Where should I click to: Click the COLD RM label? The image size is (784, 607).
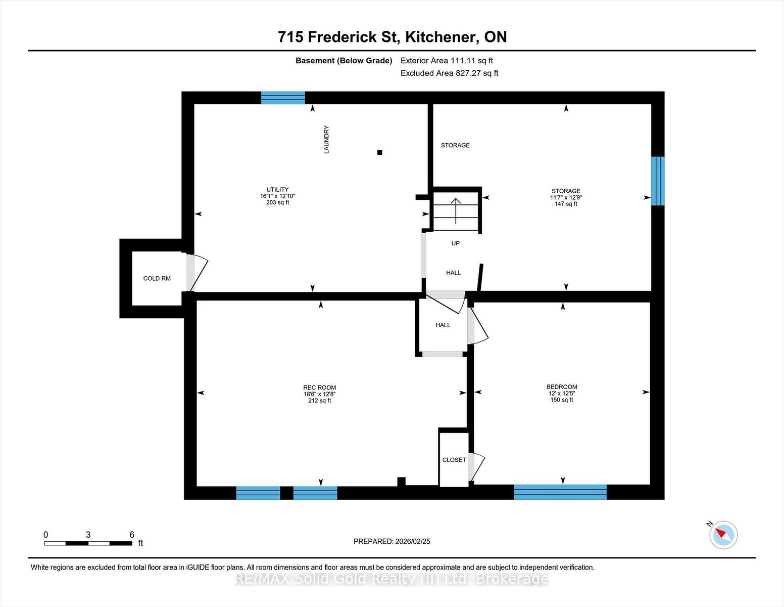coord(157,278)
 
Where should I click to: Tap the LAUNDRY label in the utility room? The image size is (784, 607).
coord(326,140)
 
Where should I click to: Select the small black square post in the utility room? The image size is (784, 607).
coord(379,152)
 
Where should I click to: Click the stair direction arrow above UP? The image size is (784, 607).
coord(456,211)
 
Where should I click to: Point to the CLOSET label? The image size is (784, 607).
coord(454,460)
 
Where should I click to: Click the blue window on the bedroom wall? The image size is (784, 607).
coord(560,492)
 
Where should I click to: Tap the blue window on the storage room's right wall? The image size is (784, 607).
coord(658,181)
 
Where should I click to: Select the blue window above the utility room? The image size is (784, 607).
coord(283,98)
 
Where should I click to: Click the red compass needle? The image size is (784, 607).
coord(720,533)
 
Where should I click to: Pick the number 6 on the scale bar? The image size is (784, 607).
coord(132,535)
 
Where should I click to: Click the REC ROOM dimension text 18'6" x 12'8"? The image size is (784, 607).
coord(320,395)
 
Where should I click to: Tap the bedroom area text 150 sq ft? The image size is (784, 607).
coord(562,400)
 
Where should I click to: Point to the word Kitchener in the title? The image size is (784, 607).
coord(440,37)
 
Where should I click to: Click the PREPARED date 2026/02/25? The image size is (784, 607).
coord(413,542)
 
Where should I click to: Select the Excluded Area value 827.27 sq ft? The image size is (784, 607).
coord(477,73)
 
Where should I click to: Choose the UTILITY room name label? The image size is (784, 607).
coord(277,190)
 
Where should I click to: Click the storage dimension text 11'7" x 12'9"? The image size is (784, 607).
coord(566,197)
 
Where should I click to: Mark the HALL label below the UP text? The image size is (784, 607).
coord(454,273)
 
